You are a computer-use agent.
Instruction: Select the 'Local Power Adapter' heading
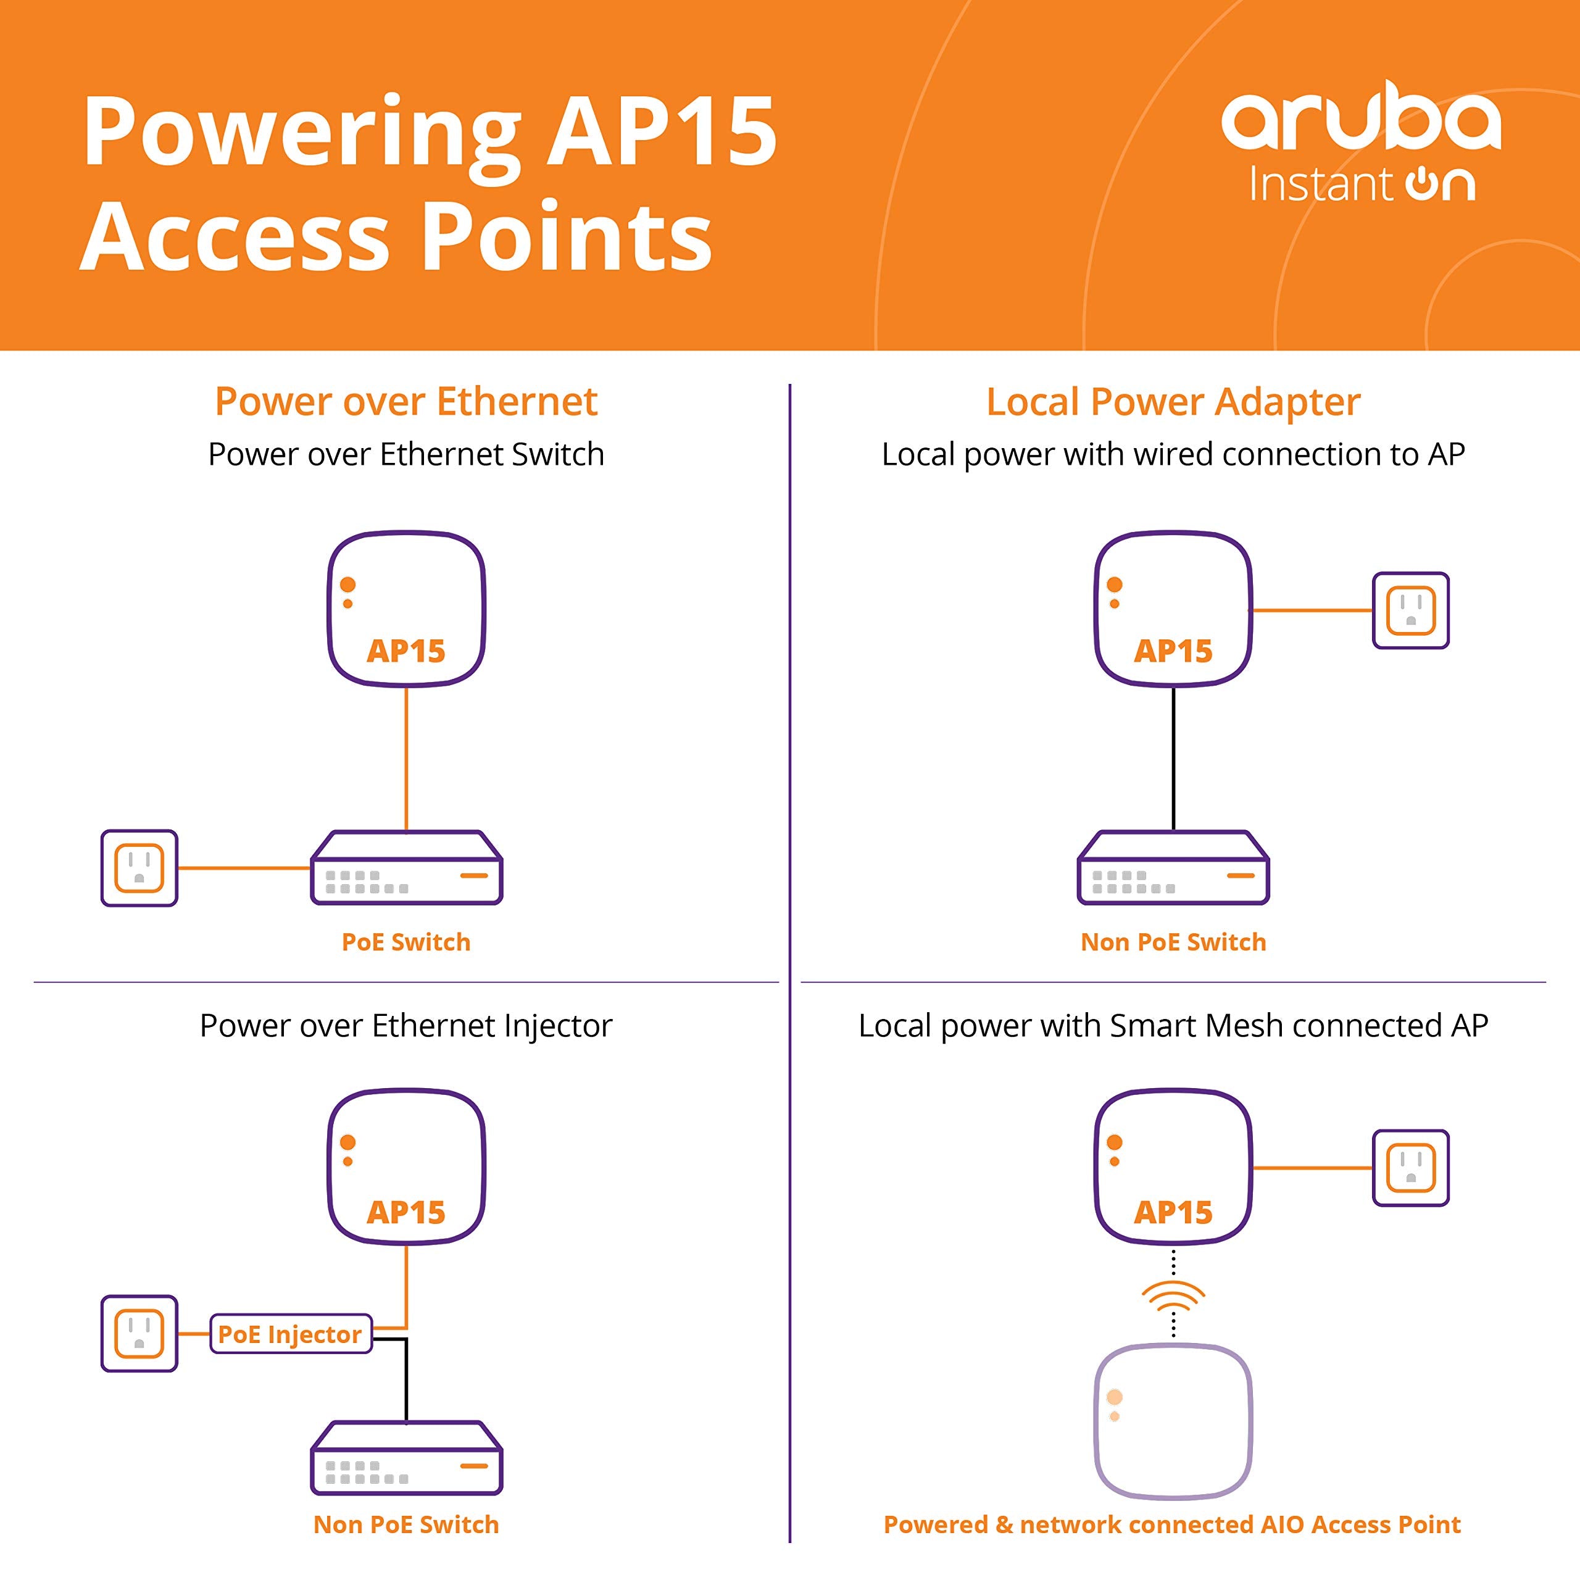[x=1173, y=402]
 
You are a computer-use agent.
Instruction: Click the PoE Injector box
[x=290, y=1334]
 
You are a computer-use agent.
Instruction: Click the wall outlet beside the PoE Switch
[x=139, y=868]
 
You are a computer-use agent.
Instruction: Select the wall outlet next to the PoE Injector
[x=139, y=1333]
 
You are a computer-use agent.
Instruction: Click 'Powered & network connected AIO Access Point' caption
[x=1172, y=1524]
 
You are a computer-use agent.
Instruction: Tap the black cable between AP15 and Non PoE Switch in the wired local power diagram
[x=1173, y=759]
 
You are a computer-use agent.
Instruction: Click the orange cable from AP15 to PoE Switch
[x=407, y=759]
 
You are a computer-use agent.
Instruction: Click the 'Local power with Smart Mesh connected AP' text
[x=1173, y=1026]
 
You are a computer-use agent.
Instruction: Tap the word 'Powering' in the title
[x=302, y=131]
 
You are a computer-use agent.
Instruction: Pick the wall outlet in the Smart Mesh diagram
[x=1411, y=1168]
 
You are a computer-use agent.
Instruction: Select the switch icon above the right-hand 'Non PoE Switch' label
[x=1173, y=868]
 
